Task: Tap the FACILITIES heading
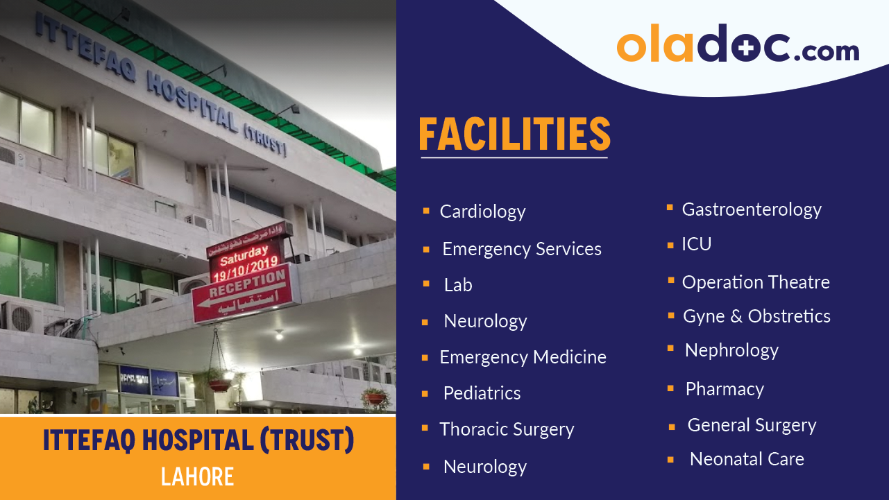click(514, 135)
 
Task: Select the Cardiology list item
click(482, 212)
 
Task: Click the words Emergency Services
click(521, 249)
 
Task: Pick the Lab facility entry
click(458, 285)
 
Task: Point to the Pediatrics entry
click(482, 393)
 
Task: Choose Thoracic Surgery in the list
click(507, 429)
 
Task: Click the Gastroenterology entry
click(752, 209)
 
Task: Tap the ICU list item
click(696, 244)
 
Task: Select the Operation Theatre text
click(756, 282)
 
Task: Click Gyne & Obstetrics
click(756, 316)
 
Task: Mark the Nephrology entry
click(731, 350)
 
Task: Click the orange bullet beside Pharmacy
click(670, 389)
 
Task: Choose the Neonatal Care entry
click(747, 459)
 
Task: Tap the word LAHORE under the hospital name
click(198, 476)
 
